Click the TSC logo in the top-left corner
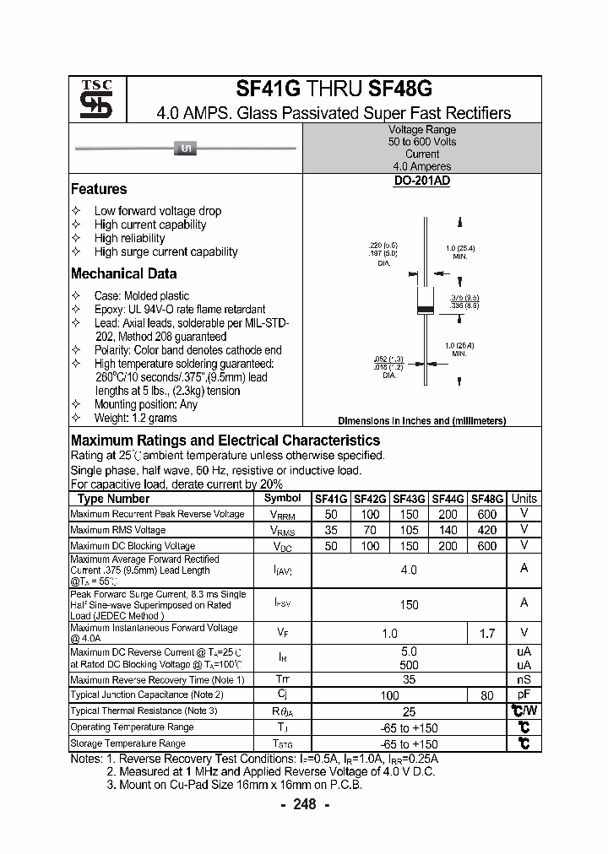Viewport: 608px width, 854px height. click(x=96, y=100)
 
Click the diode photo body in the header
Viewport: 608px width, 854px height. click(x=185, y=149)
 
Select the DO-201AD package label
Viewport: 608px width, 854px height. click(x=421, y=182)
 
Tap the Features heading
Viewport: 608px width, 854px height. click(x=99, y=189)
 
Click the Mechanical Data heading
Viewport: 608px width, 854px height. click(x=123, y=273)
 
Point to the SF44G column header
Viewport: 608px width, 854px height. click(x=448, y=499)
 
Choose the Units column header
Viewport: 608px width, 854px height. click(x=524, y=499)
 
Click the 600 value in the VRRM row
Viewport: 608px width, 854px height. click(x=486, y=514)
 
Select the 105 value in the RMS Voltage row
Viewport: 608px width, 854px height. click(x=410, y=530)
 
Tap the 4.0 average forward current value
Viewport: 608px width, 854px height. click(x=409, y=570)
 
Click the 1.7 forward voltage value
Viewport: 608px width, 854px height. click(x=486, y=633)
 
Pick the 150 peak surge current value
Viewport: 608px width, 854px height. click(x=409, y=604)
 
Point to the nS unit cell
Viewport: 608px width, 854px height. click(x=524, y=679)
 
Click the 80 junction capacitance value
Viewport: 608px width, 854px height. click(x=486, y=695)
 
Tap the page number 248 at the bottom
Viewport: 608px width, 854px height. click(x=304, y=804)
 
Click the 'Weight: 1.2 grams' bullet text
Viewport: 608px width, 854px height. click(x=135, y=418)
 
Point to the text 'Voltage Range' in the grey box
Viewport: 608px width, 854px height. click(x=421, y=130)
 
